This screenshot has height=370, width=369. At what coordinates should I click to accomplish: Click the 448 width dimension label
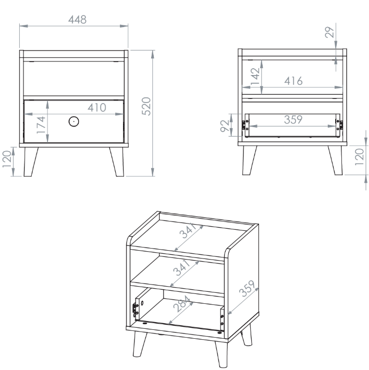77,20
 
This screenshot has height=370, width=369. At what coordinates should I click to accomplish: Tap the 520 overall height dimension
146,106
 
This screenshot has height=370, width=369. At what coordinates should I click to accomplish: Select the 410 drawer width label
97,107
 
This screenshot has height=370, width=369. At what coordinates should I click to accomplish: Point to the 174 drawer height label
41,125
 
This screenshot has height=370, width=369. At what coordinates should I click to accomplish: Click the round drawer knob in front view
73,121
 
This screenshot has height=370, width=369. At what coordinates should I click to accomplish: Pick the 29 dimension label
329,32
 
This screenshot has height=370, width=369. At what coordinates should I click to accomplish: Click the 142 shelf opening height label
255,77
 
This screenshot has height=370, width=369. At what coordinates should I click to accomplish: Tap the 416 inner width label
293,81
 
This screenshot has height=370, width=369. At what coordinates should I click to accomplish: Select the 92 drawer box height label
225,126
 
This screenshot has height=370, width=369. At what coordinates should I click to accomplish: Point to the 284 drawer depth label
182,304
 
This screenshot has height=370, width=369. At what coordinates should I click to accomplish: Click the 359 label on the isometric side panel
247,288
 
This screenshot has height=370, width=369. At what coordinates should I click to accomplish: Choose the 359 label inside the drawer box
293,120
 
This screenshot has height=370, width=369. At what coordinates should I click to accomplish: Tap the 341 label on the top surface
188,230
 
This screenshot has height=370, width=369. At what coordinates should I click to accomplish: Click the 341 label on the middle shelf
182,268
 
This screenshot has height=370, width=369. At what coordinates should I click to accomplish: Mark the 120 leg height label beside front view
7,159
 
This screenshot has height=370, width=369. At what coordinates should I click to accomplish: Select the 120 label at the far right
360,157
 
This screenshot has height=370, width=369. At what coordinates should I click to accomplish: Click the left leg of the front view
31,162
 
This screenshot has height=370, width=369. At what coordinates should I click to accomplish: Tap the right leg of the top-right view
335,160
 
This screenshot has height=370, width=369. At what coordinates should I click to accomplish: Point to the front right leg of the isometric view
222,354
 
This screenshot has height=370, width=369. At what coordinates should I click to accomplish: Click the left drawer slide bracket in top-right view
244,125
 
